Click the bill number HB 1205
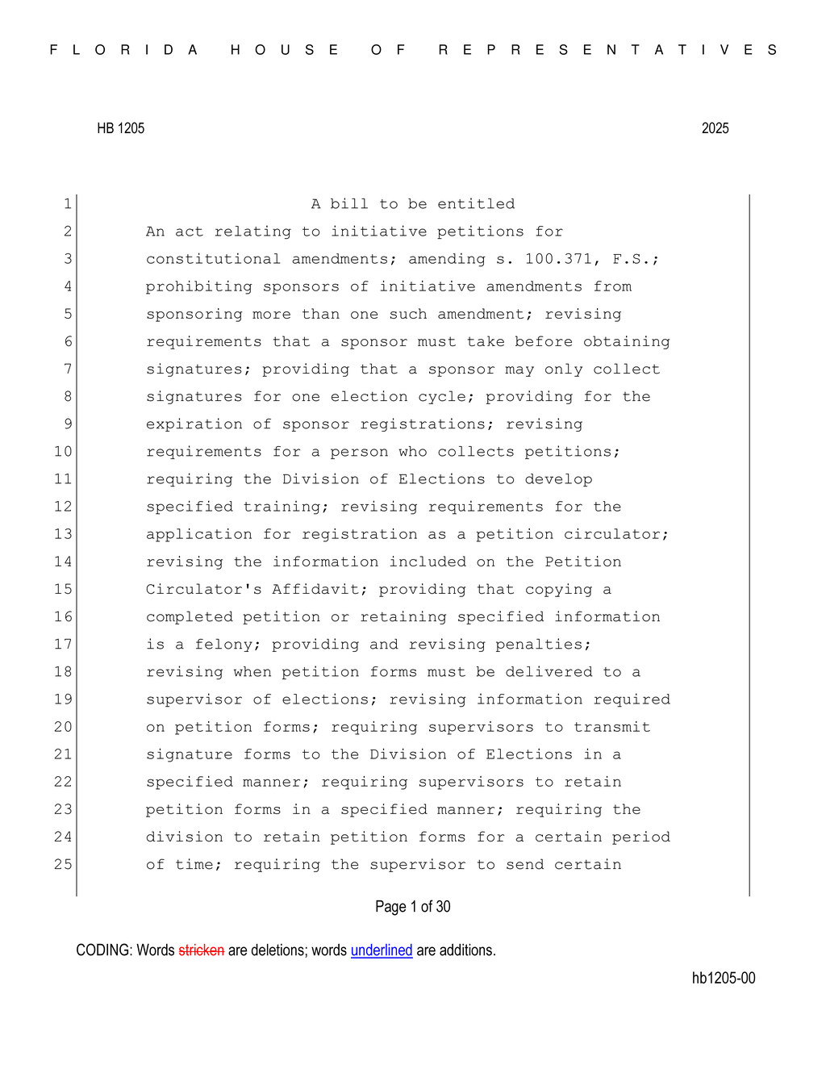120,128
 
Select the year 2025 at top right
715,128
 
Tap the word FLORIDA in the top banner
124,50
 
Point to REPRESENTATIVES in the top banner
608,50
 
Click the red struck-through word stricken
201,950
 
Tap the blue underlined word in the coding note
381,950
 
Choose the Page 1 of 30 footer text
412,907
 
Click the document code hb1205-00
723,978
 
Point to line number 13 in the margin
63,534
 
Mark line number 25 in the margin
63,864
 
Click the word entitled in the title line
476,204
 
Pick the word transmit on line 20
611,727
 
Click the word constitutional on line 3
213,259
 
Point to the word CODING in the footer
102,950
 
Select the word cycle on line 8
442,397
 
